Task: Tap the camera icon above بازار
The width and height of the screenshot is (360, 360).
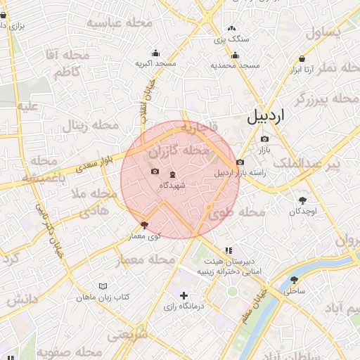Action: coord(264,139)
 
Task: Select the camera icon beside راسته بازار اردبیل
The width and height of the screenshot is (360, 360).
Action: coord(240,162)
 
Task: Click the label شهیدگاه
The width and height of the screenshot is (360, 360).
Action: coord(172,185)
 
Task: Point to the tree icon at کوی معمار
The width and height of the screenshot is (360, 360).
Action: coord(145,225)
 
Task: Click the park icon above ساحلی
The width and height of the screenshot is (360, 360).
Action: coord(294,279)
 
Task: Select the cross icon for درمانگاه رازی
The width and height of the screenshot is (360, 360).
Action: coord(184,295)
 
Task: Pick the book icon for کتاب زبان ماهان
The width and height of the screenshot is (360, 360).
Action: coord(104,286)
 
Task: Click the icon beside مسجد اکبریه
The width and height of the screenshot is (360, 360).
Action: coord(155,53)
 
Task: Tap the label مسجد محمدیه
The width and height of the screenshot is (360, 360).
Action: coord(236,65)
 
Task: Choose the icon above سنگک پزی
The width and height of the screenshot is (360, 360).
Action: coord(231,29)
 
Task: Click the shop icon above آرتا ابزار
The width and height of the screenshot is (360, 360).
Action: coord(302,58)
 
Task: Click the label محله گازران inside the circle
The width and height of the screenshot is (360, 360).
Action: coord(179,151)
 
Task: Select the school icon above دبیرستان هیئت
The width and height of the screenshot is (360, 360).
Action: coord(228,250)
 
